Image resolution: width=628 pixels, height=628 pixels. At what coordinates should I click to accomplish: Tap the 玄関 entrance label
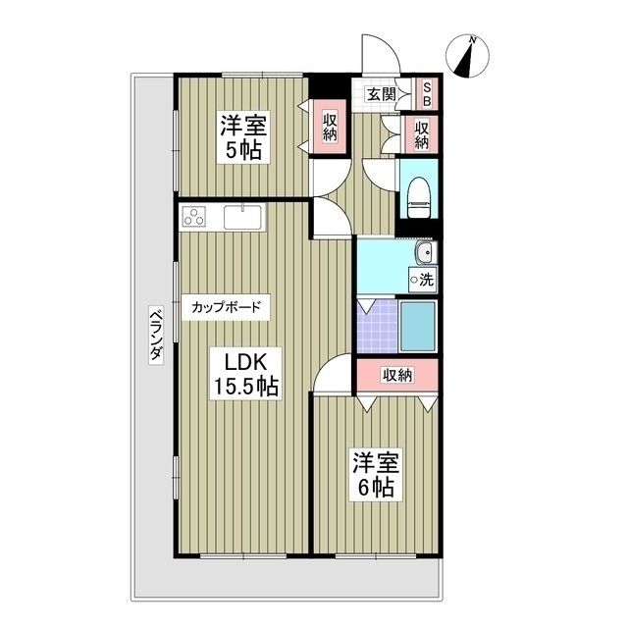(x=382, y=95)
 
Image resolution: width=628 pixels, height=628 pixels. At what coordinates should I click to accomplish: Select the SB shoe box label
(x=428, y=93)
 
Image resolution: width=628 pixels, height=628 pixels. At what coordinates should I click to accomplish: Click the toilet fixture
(x=418, y=195)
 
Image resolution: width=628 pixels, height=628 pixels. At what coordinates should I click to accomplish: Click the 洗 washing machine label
(x=424, y=279)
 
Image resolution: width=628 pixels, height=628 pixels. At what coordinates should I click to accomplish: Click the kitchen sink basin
(x=239, y=217)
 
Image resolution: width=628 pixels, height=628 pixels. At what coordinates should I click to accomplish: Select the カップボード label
(x=226, y=307)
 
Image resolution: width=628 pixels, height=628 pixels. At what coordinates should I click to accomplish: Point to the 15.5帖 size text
(x=246, y=386)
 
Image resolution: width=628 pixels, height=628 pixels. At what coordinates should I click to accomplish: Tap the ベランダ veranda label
(x=155, y=335)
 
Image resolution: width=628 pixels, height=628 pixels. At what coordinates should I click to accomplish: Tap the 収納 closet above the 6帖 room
(x=396, y=374)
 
